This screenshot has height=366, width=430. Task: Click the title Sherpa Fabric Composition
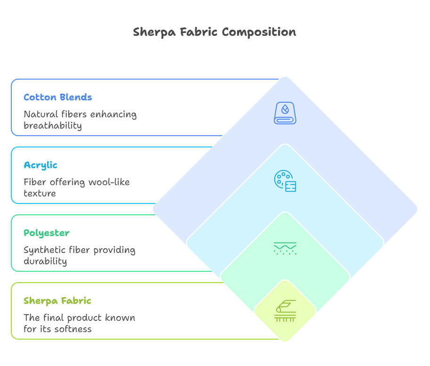point(215,32)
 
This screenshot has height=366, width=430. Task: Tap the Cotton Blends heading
point(58,97)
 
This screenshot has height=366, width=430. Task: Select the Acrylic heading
point(40,165)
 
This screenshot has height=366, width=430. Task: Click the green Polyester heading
point(47,233)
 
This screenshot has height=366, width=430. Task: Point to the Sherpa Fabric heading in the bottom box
point(57,301)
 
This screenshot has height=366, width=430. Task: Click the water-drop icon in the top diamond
point(285,113)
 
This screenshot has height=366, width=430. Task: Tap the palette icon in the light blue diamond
point(285,181)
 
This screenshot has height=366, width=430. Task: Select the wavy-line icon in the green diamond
point(285,248)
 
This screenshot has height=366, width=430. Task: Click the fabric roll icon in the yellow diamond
point(285,311)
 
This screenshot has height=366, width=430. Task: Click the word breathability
point(53,125)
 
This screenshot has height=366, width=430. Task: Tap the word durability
point(45,261)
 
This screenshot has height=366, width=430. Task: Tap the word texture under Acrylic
point(40,193)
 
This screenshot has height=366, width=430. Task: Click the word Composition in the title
point(259,32)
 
